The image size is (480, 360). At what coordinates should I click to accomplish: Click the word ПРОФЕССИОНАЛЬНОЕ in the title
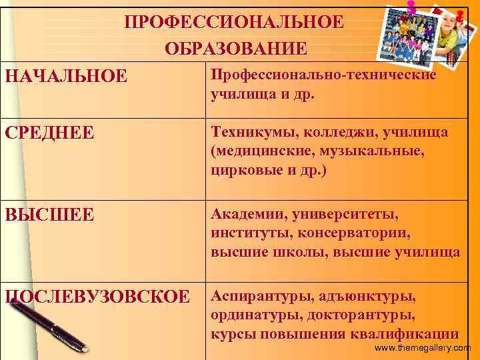pyautogui.click(x=235, y=22)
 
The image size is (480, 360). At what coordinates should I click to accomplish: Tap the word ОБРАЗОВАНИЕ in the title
pyautogui.click(x=236, y=49)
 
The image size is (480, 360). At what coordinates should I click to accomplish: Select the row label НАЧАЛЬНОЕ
pyautogui.click(x=65, y=76)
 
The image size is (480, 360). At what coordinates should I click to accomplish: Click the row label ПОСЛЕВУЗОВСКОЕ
pyautogui.click(x=97, y=297)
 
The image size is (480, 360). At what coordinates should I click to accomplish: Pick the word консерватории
pyautogui.click(x=361, y=233)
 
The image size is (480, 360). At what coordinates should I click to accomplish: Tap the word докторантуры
pyautogui.click(x=371, y=315)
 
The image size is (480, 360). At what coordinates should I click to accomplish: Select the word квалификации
pyautogui.click(x=405, y=333)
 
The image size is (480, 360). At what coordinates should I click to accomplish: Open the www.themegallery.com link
pyautogui.click(x=423, y=348)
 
